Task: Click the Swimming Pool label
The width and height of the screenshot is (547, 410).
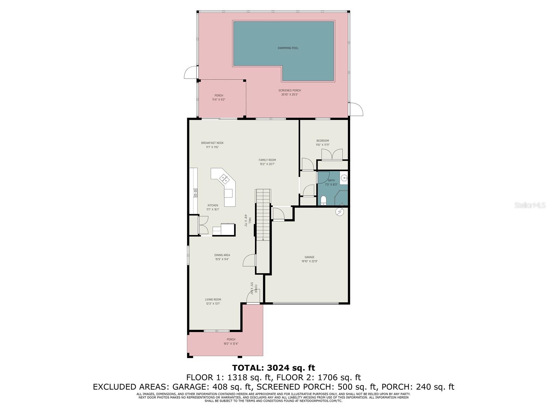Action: click(x=288, y=48)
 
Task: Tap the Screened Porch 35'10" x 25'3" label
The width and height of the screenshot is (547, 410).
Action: click(x=290, y=93)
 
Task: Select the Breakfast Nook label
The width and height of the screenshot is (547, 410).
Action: click(x=212, y=145)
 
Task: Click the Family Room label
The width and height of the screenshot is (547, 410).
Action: click(x=267, y=162)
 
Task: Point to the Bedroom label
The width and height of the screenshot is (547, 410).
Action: click(x=322, y=142)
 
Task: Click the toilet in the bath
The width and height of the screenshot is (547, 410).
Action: click(x=323, y=200)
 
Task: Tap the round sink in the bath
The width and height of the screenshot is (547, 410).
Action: click(x=344, y=178)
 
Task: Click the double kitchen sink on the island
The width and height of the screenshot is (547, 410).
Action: click(x=224, y=178)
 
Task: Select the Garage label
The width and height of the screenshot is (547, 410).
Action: click(x=309, y=259)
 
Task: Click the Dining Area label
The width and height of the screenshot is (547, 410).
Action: click(x=222, y=257)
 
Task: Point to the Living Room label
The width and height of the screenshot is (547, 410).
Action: click(x=213, y=301)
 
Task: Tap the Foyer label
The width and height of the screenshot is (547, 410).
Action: click(x=253, y=289)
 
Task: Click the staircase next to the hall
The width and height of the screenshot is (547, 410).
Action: click(x=263, y=215)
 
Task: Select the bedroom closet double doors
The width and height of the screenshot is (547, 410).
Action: click(x=332, y=154)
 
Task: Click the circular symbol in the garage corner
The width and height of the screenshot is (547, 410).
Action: click(x=339, y=212)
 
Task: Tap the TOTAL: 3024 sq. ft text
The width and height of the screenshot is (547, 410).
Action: click(x=273, y=368)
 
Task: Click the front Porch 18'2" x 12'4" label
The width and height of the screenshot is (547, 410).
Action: click(x=231, y=341)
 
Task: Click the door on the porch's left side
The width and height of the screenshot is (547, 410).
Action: click(x=190, y=72)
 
